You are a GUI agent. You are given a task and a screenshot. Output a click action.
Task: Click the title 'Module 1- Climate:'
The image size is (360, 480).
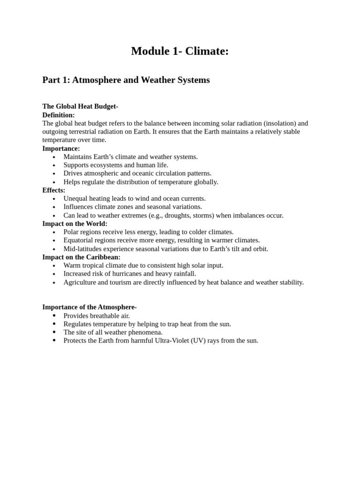pyautogui.click(x=180, y=51)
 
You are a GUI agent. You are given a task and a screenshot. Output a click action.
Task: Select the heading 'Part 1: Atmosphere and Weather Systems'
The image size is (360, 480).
pyautogui.click(x=126, y=80)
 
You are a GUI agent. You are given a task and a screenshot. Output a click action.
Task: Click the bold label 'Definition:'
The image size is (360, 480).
pyautogui.click(x=59, y=115)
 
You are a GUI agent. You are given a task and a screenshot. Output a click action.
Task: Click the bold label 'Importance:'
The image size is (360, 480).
pyautogui.click(x=61, y=149)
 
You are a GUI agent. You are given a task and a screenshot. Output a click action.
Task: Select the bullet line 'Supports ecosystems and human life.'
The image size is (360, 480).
pyautogui.click(x=116, y=165)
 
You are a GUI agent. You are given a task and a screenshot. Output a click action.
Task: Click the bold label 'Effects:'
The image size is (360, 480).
pyautogui.click(x=54, y=190)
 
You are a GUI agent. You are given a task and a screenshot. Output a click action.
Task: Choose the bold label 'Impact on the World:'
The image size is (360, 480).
pyautogui.click(x=75, y=224)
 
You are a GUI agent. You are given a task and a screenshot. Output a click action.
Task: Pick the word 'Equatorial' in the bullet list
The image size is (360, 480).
pyautogui.click(x=79, y=240)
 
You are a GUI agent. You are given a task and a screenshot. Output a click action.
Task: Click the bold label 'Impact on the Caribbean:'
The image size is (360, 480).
pyautogui.click(x=82, y=257)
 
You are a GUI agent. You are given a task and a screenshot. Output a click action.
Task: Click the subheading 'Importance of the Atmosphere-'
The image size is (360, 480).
pyautogui.click(x=90, y=307)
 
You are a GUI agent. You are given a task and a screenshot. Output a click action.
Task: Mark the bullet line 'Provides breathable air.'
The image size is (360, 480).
pyautogui.click(x=97, y=316)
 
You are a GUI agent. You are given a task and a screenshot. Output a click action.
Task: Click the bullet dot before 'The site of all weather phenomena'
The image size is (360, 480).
pyautogui.click(x=54, y=332)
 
